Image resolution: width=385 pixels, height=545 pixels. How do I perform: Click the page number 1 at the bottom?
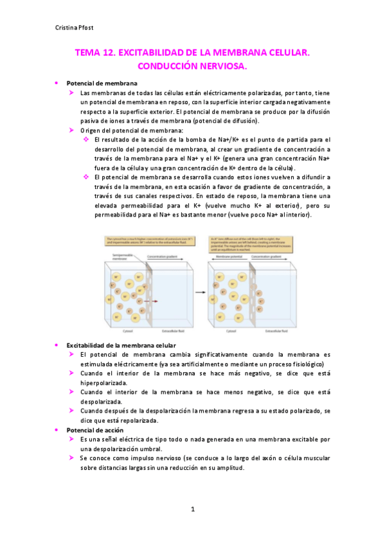coord(192,510)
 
